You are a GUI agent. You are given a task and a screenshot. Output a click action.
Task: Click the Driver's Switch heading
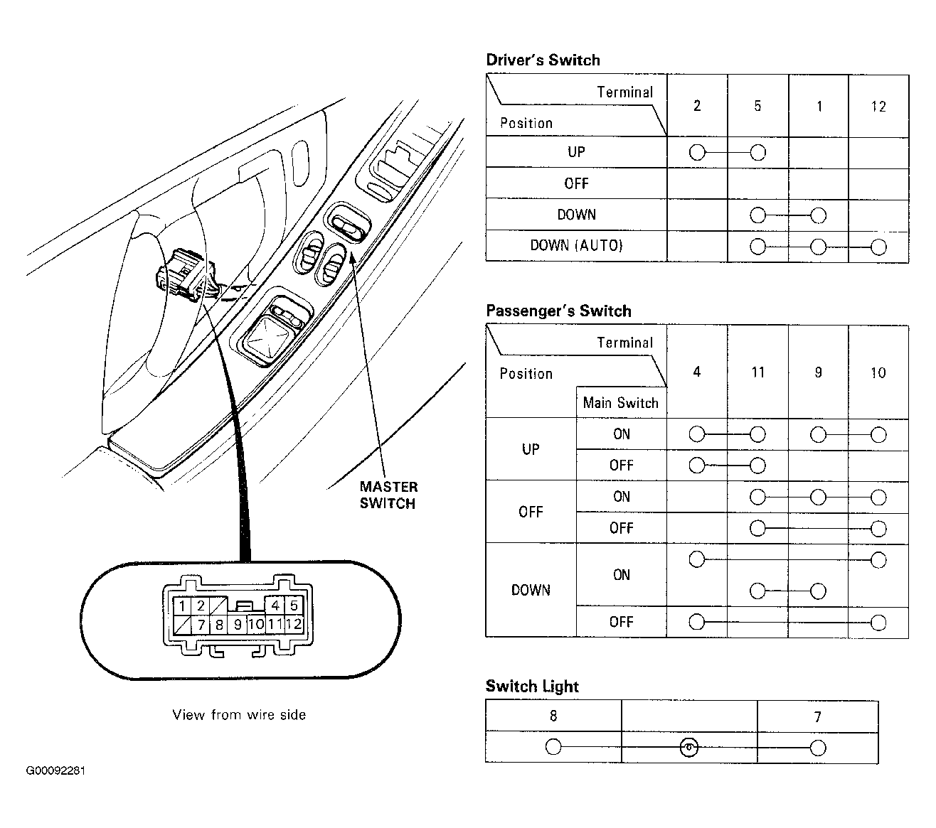pyautogui.click(x=543, y=60)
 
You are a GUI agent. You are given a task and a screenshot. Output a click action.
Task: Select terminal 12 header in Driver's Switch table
pyautogui.click(x=878, y=107)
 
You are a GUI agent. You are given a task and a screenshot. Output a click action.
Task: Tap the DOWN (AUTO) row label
pyautogui.click(x=576, y=246)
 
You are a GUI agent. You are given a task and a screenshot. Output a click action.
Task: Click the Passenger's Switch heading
pyautogui.click(x=558, y=311)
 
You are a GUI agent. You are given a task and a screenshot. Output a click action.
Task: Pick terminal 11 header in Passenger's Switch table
pyautogui.click(x=757, y=372)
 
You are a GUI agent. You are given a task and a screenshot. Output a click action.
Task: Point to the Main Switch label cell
pyautogui.click(x=620, y=403)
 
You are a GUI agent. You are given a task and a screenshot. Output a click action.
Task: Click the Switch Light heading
pyautogui.click(x=532, y=687)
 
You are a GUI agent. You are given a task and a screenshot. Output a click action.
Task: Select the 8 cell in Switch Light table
pyautogui.click(x=553, y=716)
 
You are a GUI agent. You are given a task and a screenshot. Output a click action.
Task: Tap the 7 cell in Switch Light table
pyautogui.click(x=817, y=717)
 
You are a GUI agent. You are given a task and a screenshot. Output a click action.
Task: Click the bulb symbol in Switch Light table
pyautogui.click(x=689, y=748)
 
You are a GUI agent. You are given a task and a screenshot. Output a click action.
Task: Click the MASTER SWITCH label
pyautogui.click(x=388, y=495)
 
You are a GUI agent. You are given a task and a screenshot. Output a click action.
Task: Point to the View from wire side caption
pyautogui.click(x=239, y=715)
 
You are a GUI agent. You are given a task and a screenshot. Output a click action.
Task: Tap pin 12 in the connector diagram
pyautogui.click(x=294, y=625)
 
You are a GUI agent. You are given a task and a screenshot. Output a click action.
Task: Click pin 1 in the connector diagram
pyautogui.click(x=183, y=606)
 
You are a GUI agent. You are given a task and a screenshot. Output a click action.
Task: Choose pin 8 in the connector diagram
pyautogui.click(x=220, y=625)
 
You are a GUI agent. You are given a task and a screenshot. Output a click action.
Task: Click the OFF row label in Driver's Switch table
pyautogui.click(x=576, y=184)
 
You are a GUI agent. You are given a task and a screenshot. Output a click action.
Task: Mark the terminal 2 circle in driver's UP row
pyautogui.click(x=697, y=152)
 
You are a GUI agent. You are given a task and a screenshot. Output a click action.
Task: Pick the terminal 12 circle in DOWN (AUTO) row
pyautogui.click(x=878, y=247)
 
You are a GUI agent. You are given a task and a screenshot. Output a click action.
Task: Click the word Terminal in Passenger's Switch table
pyautogui.click(x=624, y=343)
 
